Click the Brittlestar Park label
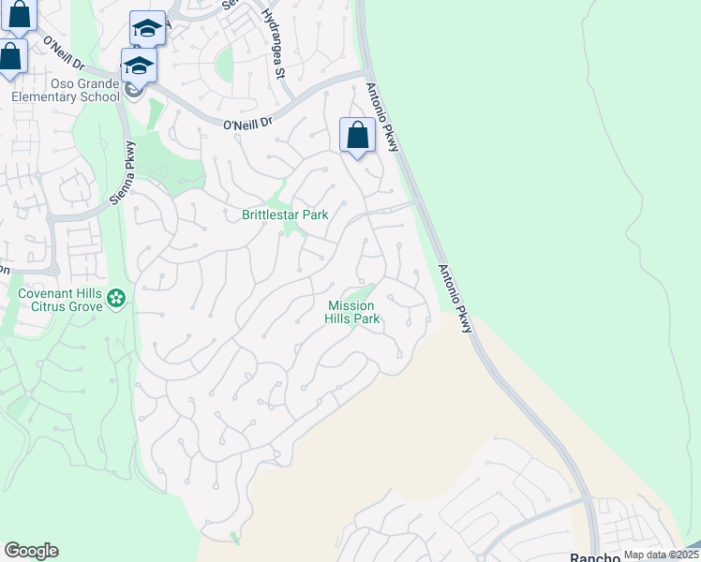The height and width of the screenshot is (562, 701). pos(285,214)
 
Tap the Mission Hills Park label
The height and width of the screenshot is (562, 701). pos(353,312)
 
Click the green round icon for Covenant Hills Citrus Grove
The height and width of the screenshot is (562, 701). pos(116,299)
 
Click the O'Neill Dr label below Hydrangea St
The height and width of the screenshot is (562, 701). pos(248,123)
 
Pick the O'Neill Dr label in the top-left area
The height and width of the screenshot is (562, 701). pos(64,54)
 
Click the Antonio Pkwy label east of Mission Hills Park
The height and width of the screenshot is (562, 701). pos(455,299)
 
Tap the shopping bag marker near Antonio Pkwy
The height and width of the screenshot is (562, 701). pos(357,137)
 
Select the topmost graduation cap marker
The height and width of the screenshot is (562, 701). pos(147,29)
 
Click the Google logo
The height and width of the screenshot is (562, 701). pos(31,551)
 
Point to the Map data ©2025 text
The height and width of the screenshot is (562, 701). pos(661,555)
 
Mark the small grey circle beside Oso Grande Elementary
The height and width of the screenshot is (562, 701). pos(134,90)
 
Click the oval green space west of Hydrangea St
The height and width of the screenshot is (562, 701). pos(224,64)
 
